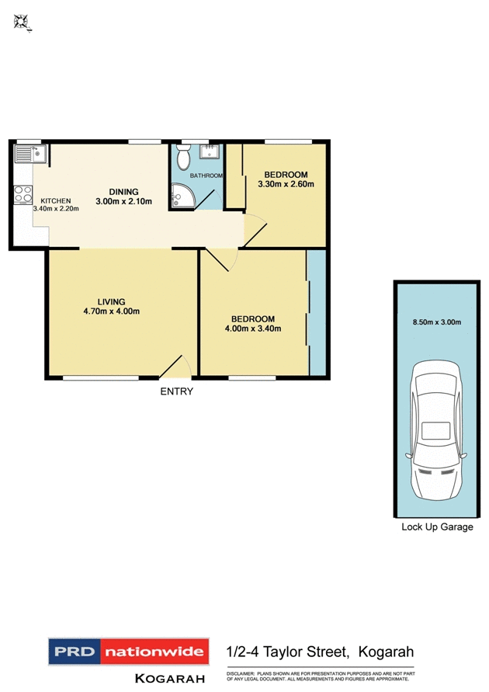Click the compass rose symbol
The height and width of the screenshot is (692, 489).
coord(22,23)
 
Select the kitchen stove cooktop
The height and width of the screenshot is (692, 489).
coord(23,194)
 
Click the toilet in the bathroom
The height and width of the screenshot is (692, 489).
coord(183,158)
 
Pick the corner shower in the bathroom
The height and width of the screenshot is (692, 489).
coord(182,197)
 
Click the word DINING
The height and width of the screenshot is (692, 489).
coord(123,192)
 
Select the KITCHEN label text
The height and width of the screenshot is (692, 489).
coord(56,200)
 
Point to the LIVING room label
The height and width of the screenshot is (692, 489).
coord(111,301)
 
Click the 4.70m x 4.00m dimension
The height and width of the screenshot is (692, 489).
coord(112,311)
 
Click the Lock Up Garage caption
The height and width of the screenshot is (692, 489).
coord(436,527)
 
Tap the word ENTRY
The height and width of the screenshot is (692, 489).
coord(176,391)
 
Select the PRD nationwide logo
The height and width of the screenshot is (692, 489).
coord(129,652)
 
